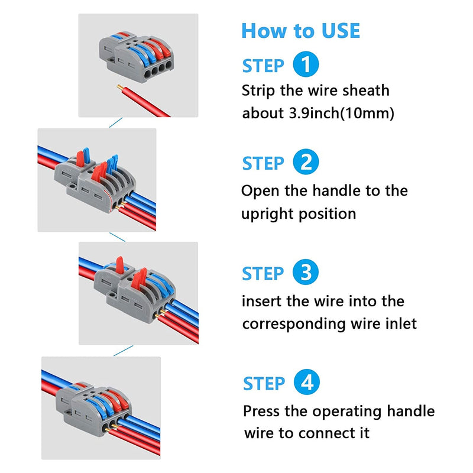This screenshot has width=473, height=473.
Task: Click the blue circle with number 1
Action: click(x=305, y=65)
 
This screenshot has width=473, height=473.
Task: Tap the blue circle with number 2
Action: click(x=305, y=162)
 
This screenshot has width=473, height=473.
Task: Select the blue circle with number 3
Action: click(x=305, y=273)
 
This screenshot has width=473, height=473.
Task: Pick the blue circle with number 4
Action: click(x=306, y=383)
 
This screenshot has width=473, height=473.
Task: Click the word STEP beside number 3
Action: click(x=263, y=274)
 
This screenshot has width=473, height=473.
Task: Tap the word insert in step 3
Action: click(x=261, y=301)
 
